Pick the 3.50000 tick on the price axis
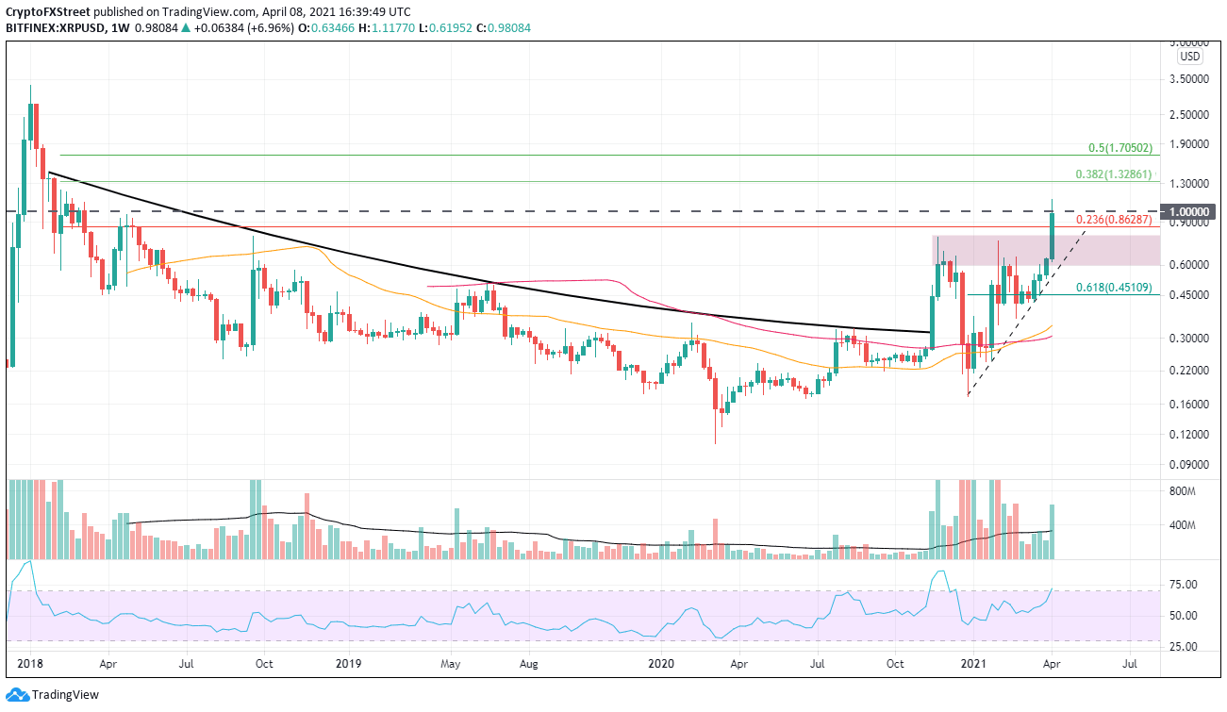click(1195, 80)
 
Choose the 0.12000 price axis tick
click(1195, 435)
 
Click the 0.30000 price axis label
click(1195, 338)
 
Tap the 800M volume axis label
click(1185, 491)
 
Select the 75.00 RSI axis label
click(1186, 585)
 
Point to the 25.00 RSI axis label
click(1186, 646)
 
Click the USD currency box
click(1188, 57)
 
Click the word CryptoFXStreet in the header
click(48, 10)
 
